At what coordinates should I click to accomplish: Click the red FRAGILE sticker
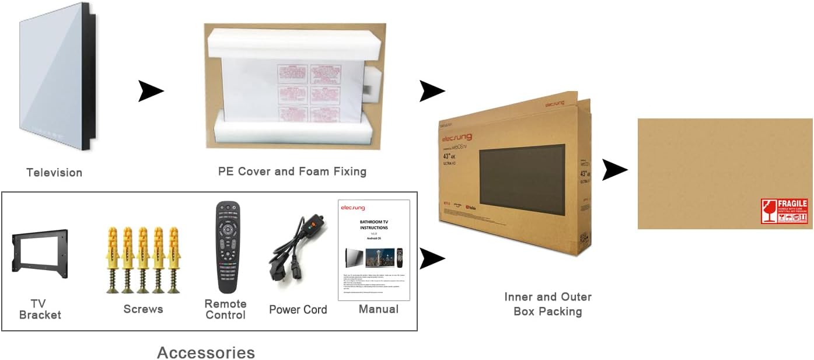pyautogui.click(x=784, y=211)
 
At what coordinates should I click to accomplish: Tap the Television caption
pyautogui.click(x=54, y=172)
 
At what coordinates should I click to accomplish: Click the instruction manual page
pyautogui.click(x=373, y=250)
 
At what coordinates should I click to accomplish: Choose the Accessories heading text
pyautogui.click(x=206, y=352)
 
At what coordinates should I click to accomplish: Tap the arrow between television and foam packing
pyautogui.click(x=151, y=91)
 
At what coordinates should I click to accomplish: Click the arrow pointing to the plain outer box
pyautogui.click(x=614, y=170)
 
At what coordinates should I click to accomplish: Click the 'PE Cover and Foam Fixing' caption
pyautogui.click(x=292, y=172)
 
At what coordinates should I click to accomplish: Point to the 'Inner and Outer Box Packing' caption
pyautogui.click(x=547, y=304)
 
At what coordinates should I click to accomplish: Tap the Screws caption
pyautogui.click(x=143, y=309)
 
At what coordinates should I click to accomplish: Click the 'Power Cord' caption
pyautogui.click(x=298, y=309)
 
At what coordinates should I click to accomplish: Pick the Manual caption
pyautogui.click(x=378, y=309)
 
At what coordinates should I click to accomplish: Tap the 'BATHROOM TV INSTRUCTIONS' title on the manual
pyautogui.click(x=373, y=225)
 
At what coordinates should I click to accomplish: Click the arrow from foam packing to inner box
pyautogui.click(x=432, y=91)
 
